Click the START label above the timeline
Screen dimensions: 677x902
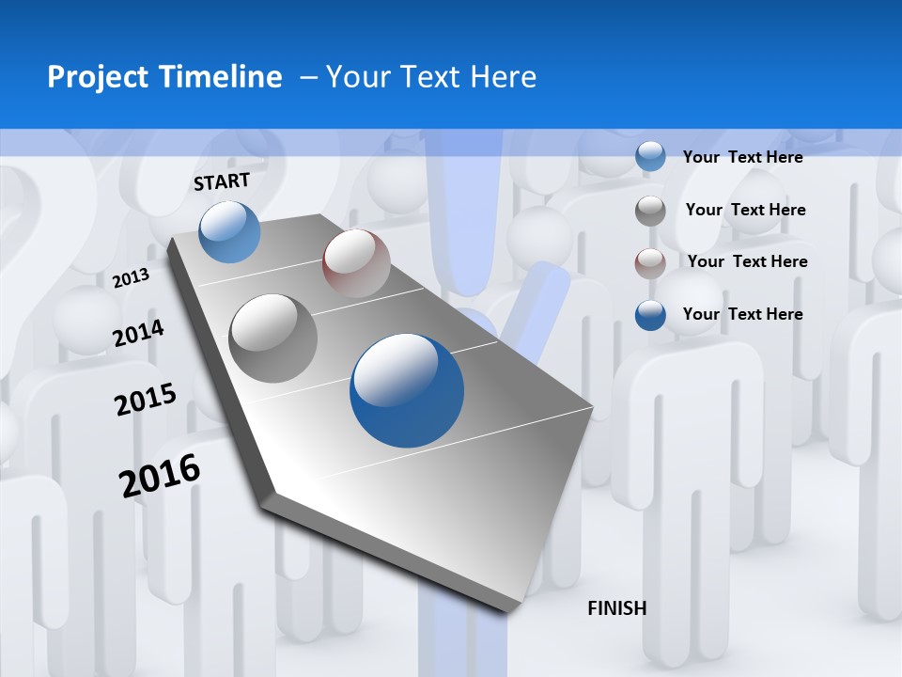(x=222, y=181)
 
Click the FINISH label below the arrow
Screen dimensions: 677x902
(x=616, y=608)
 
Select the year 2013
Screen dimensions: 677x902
(x=131, y=277)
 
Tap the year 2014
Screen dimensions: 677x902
(x=138, y=333)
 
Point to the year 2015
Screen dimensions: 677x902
(x=145, y=400)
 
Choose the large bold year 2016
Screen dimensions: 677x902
(x=160, y=475)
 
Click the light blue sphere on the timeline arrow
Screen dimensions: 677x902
(x=229, y=231)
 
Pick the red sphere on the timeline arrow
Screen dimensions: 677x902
(x=356, y=263)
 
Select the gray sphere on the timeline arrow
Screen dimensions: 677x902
(x=273, y=338)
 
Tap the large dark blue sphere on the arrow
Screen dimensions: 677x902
(x=407, y=391)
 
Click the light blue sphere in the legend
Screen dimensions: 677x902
(x=650, y=156)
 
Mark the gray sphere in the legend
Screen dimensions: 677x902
(x=650, y=211)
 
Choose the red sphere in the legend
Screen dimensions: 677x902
(x=650, y=262)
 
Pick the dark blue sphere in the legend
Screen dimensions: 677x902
(x=650, y=315)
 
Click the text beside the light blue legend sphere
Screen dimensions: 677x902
(x=742, y=157)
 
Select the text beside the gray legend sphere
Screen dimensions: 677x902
(x=745, y=210)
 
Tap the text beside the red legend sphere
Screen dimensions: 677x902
(x=747, y=261)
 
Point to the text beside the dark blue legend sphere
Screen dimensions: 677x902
(x=742, y=314)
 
